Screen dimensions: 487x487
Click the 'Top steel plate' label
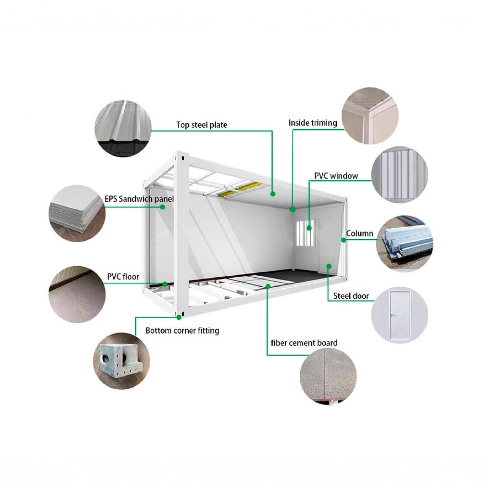coord(202,125)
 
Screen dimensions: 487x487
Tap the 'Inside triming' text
coord(313,123)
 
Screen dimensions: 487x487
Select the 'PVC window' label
coord(336,176)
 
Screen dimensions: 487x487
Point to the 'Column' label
coord(359,233)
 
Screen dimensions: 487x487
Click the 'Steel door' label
coord(351,296)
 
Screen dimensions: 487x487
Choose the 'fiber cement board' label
coord(304,343)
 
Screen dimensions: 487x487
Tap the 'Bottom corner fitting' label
coord(182,331)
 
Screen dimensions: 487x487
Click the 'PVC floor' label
coord(123,277)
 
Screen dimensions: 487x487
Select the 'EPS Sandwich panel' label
coord(139,199)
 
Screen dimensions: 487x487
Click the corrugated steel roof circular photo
coord(123,129)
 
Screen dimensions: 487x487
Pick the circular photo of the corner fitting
coord(121,361)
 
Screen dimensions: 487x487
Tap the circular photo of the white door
coord(400,315)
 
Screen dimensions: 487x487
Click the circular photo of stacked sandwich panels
coord(77,213)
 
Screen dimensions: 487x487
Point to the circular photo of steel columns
coord(405,243)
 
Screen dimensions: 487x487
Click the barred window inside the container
coord(305,233)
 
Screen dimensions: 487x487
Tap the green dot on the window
coord(309,228)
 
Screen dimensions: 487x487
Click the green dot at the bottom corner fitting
coord(179,317)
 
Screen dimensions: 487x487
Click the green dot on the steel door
coord(329,266)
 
